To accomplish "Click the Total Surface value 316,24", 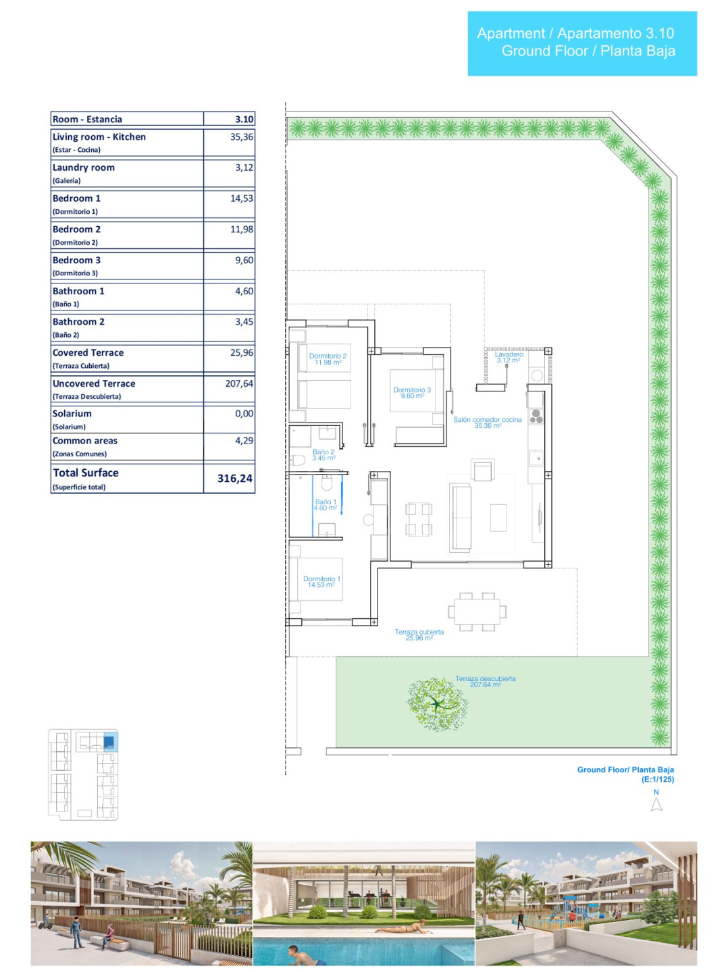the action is [x=234, y=479].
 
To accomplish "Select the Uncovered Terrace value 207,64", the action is [x=239, y=383].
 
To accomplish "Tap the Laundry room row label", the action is [x=83, y=167].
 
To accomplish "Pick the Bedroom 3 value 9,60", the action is [x=244, y=260].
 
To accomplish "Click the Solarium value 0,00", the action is [x=244, y=414].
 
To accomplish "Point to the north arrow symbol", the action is [x=656, y=804].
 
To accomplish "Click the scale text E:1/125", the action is [x=658, y=780].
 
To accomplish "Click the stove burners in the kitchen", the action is [x=536, y=416].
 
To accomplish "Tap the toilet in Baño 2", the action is [x=297, y=460].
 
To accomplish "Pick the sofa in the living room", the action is [x=460, y=518].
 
